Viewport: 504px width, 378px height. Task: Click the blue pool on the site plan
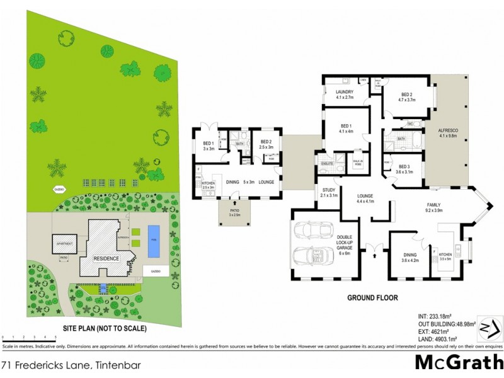pos(153,241)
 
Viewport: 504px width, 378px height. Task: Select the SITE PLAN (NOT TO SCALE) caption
pos(105,328)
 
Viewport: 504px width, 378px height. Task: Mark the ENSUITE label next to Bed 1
pos(326,163)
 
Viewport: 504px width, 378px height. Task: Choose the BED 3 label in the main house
pos(403,166)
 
